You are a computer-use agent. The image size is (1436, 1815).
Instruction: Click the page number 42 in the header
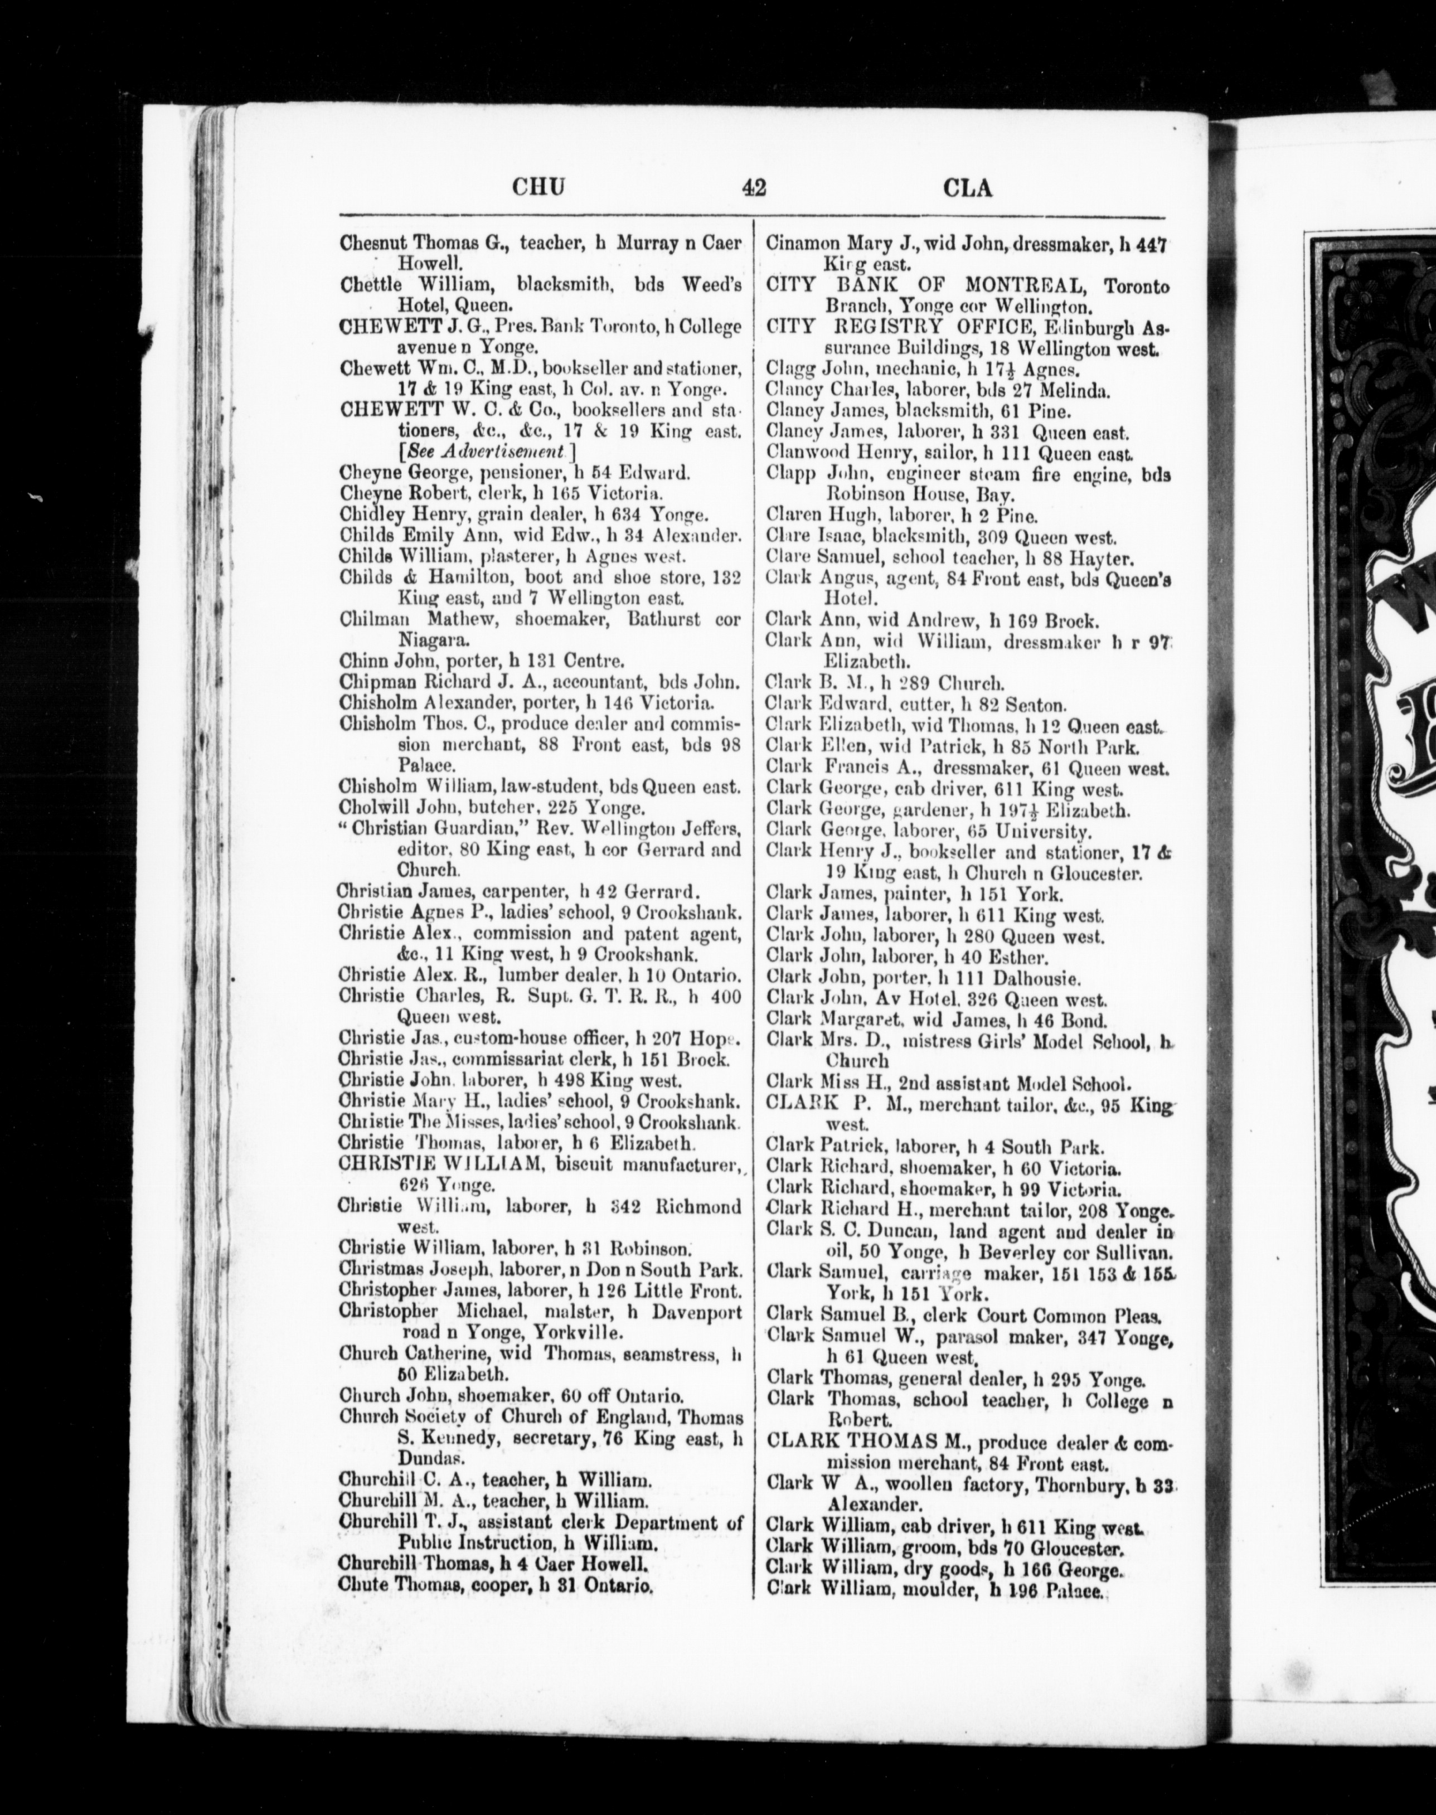coord(753,187)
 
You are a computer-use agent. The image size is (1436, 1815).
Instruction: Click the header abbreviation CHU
coord(538,187)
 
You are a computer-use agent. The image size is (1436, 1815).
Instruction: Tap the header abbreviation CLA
coord(968,187)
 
